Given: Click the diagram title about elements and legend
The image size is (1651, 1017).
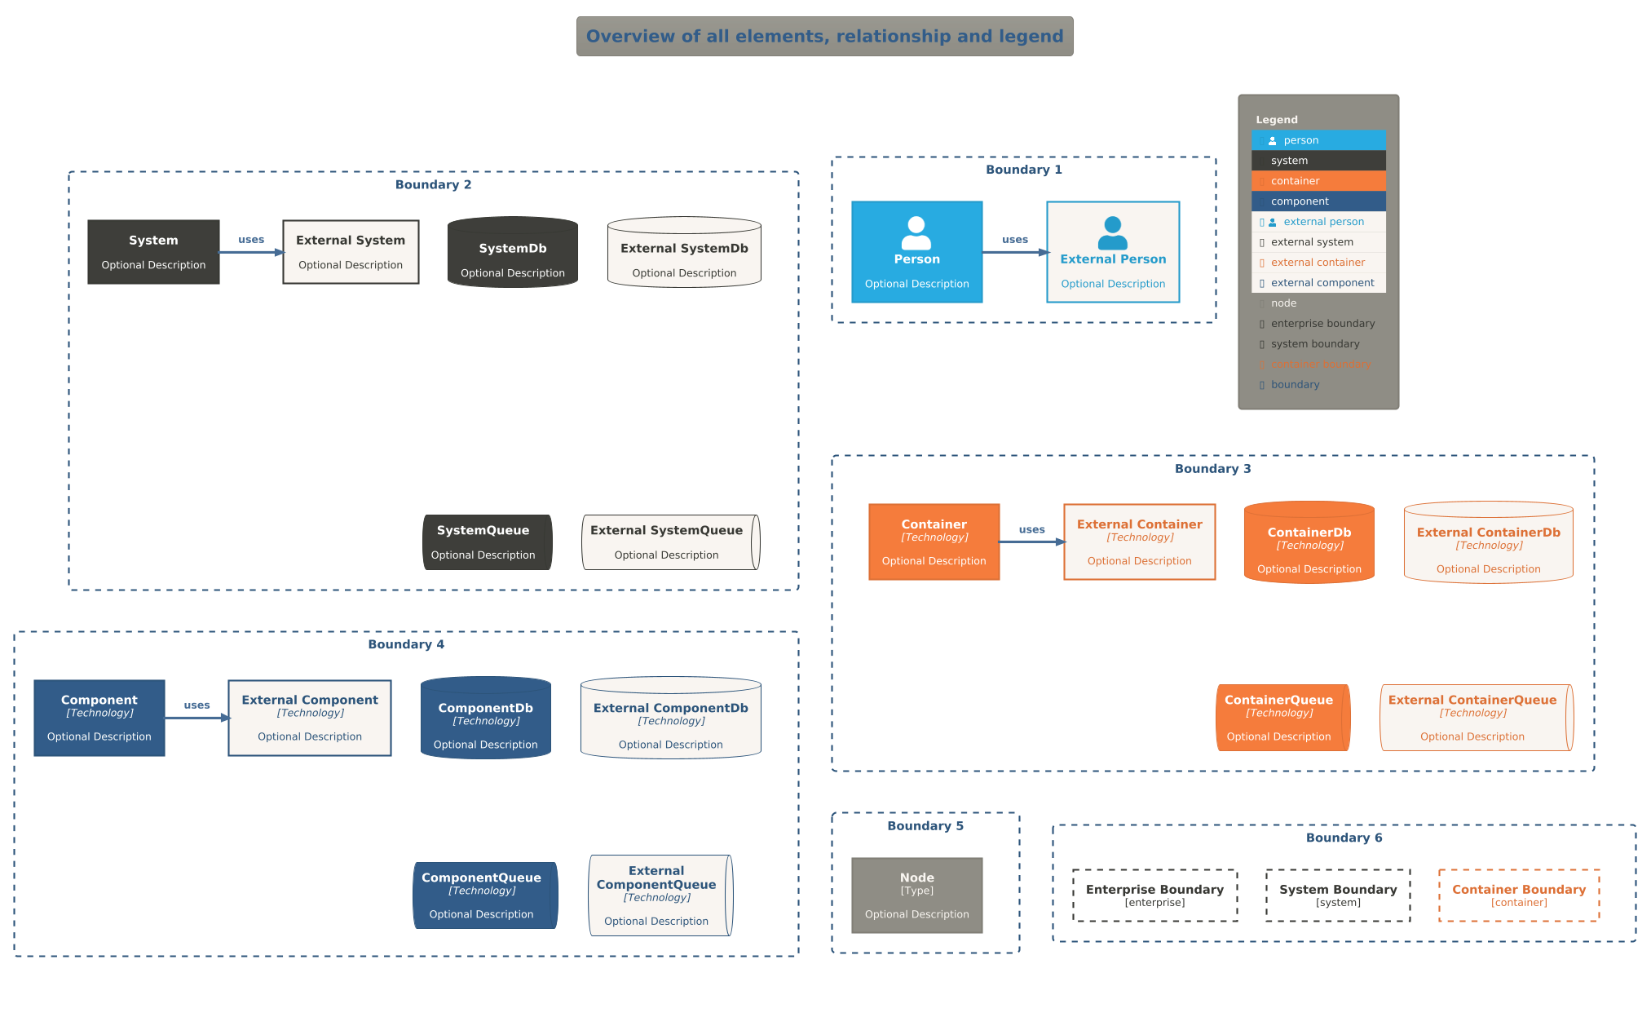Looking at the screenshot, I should pyautogui.click(x=824, y=37).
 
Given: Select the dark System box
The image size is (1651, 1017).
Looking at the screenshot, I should pyautogui.click(x=153, y=252).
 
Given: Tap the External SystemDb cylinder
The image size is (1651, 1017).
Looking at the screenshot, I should pyautogui.click(x=684, y=253).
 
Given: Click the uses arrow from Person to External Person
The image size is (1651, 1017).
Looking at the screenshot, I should pyautogui.click(x=1014, y=252).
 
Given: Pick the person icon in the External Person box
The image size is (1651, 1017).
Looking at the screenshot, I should pyautogui.click(x=1112, y=233).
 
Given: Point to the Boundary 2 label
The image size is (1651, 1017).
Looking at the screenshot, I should pyautogui.click(x=433, y=185).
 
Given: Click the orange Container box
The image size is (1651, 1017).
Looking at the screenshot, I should pyautogui.click(x=934, y=542).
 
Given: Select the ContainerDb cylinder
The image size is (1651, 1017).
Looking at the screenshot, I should pyautogui.click(x=1309, y=543).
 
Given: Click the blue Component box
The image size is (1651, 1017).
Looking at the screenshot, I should pyautogui.click(x=99, y=718).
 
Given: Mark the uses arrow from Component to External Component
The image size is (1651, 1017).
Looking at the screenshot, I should pyautogui.click(x=196, y=717).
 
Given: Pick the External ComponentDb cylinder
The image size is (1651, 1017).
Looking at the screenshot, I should pyautogui.click(x=670, y=719).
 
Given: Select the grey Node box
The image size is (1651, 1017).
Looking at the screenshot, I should pyautogui.click(x=916, y=895).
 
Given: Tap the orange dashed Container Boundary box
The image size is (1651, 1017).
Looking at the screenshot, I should pyautogui.click(x=1519, y=895).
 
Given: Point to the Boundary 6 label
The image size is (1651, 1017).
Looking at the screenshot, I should pyautogui.click(x=1344, y=838).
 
